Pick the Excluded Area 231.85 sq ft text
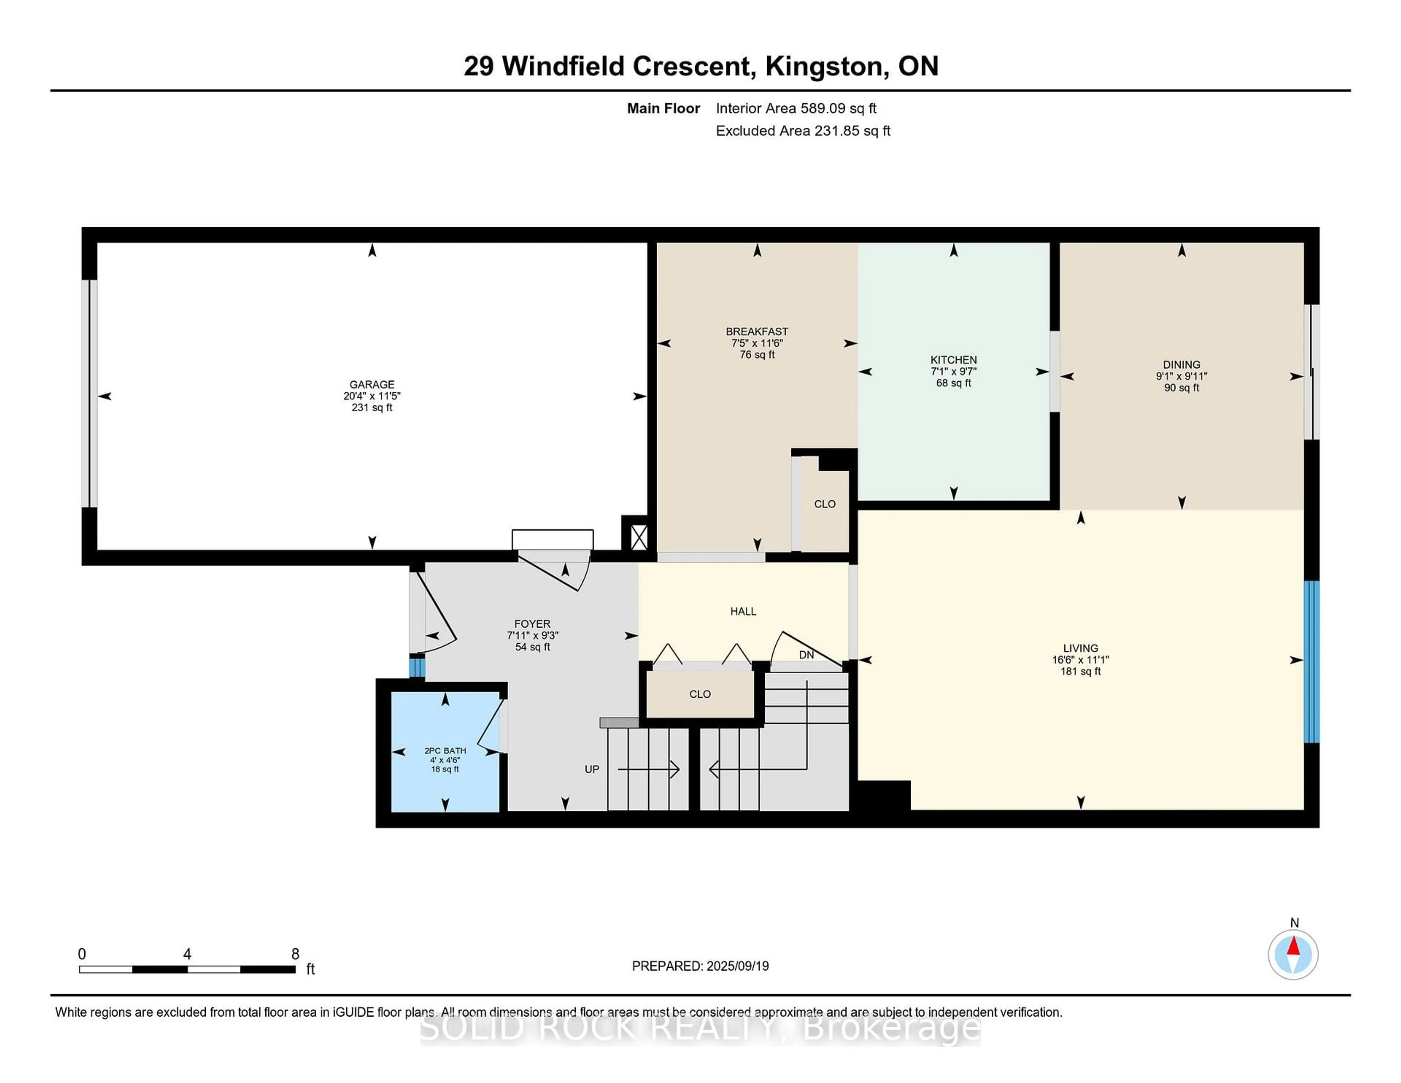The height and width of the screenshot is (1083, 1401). click(x=803, y=131)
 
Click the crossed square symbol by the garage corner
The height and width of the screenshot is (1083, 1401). click(x=639, y=537)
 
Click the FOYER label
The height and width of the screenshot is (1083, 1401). click(x=532, y=624)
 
